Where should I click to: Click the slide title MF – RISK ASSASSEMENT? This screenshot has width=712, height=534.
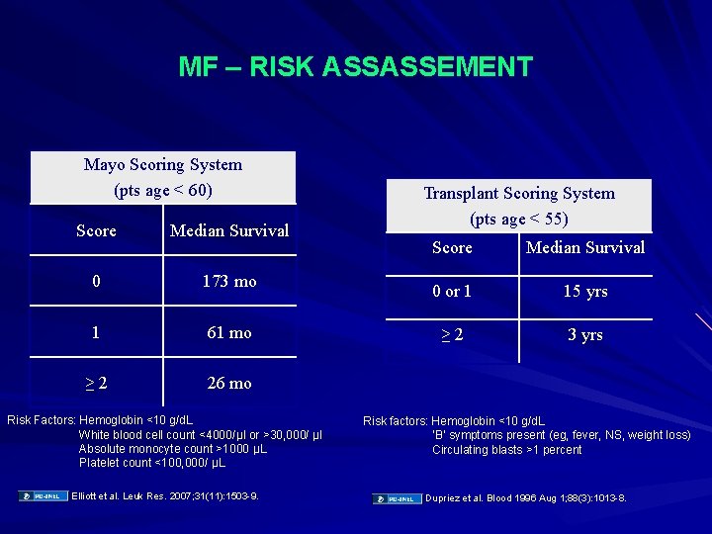coord(355,67)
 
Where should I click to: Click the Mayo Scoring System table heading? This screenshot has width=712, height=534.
coord(163,176)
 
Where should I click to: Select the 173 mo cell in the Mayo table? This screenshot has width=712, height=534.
coord(229,282)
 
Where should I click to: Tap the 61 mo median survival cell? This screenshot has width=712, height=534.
coord(229,333)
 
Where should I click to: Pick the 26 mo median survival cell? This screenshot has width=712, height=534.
coord(229,384)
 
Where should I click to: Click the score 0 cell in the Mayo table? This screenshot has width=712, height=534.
coord(96,282)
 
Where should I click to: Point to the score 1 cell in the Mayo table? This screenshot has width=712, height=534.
coord(96,333)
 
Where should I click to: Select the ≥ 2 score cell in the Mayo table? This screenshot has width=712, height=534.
coord(96,384)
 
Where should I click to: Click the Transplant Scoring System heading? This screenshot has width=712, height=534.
coord(519,205)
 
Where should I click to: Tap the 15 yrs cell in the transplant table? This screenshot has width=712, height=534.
coord(585,292)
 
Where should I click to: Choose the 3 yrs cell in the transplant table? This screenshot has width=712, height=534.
coord(585,335)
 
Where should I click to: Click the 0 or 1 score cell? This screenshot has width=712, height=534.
coord(452,292)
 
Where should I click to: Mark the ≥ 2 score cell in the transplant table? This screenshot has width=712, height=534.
coord(452,335)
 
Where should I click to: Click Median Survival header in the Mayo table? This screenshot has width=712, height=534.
coord(229,230)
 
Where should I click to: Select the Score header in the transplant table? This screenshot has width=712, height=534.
coord(452,248)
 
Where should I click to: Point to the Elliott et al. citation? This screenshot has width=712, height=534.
coord(165,496)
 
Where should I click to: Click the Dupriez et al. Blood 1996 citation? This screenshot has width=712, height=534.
coord(525,498)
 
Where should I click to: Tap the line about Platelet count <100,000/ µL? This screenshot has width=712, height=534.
coord(152,463)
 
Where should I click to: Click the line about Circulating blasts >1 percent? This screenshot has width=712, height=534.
coord(507,450)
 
